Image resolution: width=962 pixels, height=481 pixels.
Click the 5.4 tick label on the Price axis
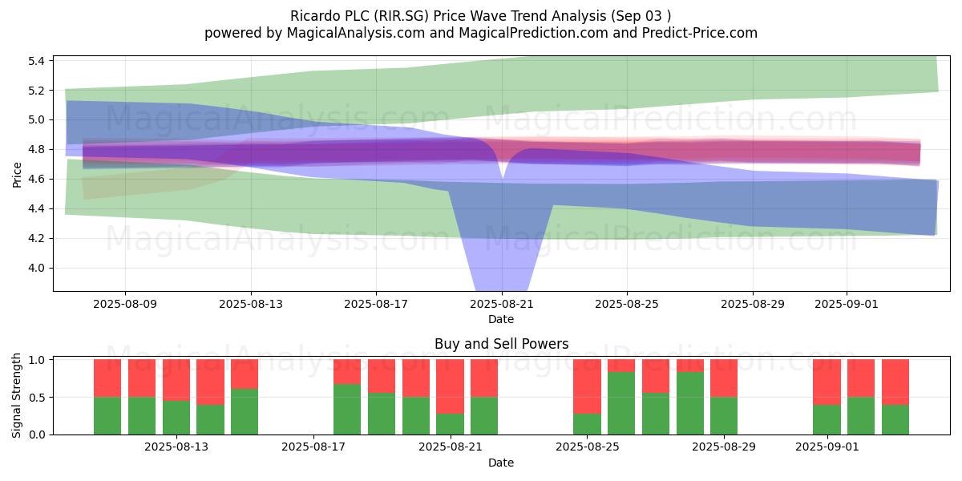click(37, 61)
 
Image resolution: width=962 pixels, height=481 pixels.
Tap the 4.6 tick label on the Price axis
click(37, 179)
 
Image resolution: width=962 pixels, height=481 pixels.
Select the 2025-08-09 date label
click(125, 304)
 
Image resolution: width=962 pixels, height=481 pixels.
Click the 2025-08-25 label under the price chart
click(627, 304)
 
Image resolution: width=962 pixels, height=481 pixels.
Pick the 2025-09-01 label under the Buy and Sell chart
click(827, 447)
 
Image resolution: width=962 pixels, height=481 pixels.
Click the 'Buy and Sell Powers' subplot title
click(501, 344)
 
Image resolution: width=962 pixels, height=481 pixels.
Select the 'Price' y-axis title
click(17, 175)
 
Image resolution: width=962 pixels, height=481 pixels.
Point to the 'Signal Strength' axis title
click(17, 395)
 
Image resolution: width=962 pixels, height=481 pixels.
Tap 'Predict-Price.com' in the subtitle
click(700, 33)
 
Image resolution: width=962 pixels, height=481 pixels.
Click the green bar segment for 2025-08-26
click(621, 403)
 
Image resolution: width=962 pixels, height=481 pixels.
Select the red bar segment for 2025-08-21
click(450, 386)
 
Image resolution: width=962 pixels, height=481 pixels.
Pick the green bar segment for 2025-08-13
click(176, 418)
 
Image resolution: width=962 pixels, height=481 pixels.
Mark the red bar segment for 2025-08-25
click(587, 386)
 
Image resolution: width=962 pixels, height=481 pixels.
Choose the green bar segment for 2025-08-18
click(347, 410)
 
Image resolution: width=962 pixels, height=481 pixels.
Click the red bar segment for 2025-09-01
click(827, 382)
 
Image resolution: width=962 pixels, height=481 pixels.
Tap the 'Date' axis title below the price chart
click(501, 319)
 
